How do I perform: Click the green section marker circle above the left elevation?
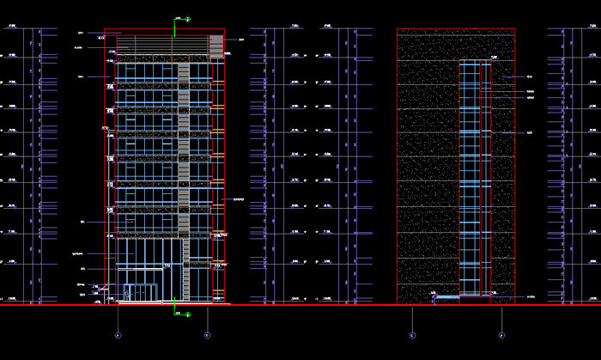coord(186,18)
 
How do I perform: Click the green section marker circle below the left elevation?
coord(186,314)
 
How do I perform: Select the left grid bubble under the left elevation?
coord(118,334)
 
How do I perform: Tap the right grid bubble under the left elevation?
coord(207,334)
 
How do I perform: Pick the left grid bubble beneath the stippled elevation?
coord(412,335)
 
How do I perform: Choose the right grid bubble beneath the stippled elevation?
coord(501,335)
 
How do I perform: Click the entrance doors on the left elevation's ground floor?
coord(140,292)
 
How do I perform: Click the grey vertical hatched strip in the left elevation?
coord(184,146)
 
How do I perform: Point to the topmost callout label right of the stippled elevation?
coord(530,77)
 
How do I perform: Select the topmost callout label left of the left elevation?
coord(80,33)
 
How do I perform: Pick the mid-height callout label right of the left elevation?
coord(238,199)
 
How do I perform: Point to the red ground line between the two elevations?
coord(309,304)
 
